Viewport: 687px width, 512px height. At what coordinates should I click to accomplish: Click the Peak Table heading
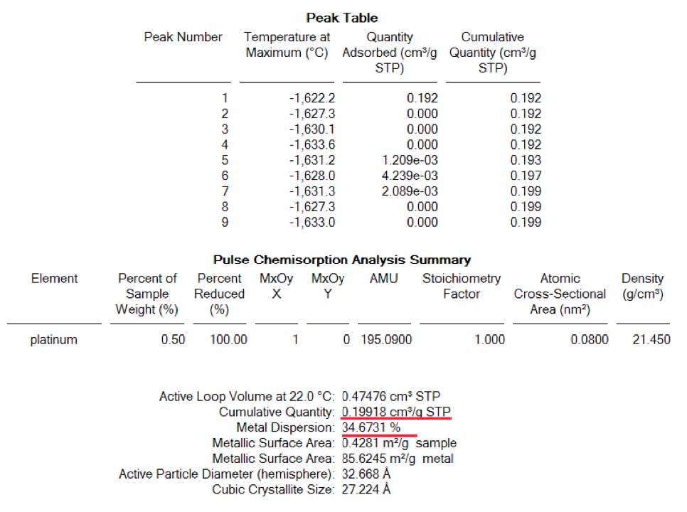[342, 18]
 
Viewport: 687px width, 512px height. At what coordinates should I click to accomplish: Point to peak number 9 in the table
[225, 222]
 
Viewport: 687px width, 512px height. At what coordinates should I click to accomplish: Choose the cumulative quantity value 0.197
[526, 176]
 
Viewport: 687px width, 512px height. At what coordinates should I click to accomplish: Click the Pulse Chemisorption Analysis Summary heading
[342, 260]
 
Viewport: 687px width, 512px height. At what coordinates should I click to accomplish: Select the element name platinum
[53, 340]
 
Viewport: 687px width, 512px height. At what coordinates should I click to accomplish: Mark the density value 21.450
[651, 340]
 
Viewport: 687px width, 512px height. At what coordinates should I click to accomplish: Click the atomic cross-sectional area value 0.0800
[590, 340]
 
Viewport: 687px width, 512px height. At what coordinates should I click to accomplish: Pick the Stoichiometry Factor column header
[462, 286]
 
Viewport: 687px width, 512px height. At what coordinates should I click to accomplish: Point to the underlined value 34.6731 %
[371, 428]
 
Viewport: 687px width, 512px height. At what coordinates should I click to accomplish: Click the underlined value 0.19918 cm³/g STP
[396, 412]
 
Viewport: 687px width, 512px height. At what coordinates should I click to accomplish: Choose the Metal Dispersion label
[284, 428]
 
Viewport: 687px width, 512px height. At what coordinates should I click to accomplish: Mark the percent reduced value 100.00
[228, 340]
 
